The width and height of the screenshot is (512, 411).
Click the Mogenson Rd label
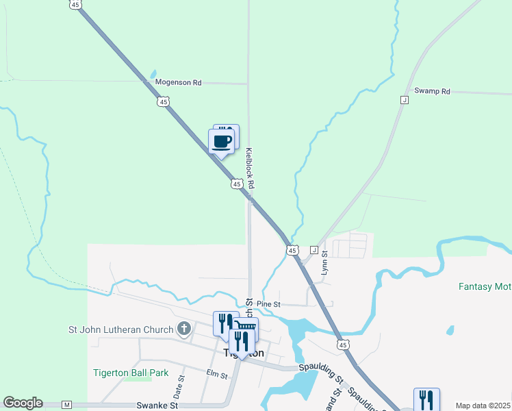tap(178, 82)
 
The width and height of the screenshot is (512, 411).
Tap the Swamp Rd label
tap(432, 91)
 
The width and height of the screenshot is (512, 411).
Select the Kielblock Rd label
tap(250, 169)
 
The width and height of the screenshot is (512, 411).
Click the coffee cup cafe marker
tap(221, 142)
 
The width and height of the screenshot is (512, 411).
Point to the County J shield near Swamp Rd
tap(405, 100)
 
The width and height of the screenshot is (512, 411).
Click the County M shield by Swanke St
tap(66, 405)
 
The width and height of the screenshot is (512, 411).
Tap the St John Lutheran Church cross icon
tap(183, 329)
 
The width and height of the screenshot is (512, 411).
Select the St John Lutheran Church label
tap(120, 329)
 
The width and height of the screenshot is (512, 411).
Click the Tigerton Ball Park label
tap(131, 373)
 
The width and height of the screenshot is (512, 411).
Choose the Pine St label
tap(268, 303)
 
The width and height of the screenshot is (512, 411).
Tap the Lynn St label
tap(325, 262)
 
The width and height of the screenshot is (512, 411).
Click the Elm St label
tap(216, 373)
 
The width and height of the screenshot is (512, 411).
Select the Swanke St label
tap(157, 405)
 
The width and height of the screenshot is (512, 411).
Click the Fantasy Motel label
tap(485, 286)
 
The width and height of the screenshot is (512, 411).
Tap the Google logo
tap(23, 403)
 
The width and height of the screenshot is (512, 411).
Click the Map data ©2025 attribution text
tap(482, 406)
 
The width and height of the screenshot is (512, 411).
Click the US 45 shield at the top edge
tap(75, 4)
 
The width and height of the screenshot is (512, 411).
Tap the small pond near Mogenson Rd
tap(153, 74)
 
